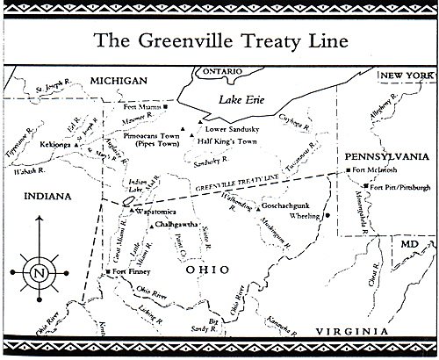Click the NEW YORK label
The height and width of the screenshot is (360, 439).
(x=406, y=77)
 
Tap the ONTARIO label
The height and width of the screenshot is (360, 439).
(x=222, y=70)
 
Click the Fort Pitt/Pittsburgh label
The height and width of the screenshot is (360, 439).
(x=400, y=187)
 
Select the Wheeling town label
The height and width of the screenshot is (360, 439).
(x=304, y=214)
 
